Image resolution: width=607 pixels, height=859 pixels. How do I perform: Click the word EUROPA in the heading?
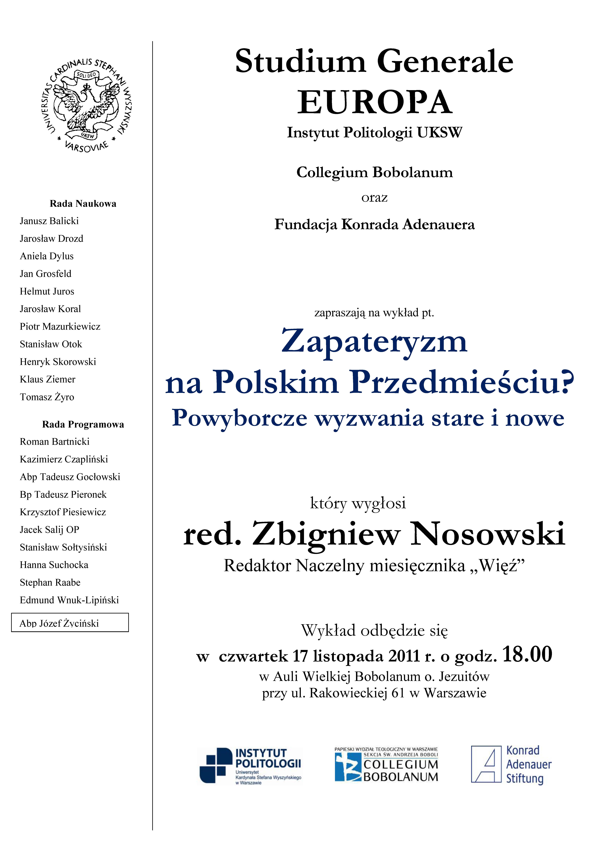[374, 103]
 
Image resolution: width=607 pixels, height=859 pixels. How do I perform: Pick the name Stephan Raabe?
[50, 582]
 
